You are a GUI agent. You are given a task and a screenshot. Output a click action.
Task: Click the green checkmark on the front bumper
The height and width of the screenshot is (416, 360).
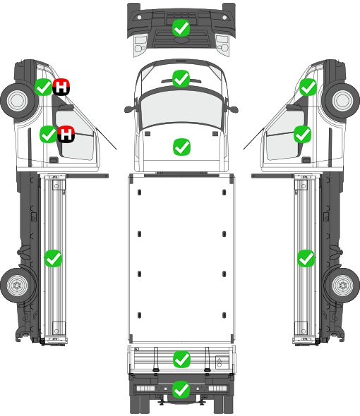(181, 27)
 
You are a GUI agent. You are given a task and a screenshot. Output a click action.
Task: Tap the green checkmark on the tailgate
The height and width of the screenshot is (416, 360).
(181, 360)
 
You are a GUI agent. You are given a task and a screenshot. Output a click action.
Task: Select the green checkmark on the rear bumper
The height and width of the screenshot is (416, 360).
(181, 389)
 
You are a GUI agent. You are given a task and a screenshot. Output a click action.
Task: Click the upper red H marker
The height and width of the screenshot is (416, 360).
(61, 87)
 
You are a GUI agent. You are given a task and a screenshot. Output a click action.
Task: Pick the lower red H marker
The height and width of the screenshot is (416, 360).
(66, 134)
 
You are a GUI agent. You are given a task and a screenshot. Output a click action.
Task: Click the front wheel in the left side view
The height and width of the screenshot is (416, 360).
(18, 101)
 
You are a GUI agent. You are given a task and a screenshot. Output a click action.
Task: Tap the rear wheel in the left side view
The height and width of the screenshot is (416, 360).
(17, 285)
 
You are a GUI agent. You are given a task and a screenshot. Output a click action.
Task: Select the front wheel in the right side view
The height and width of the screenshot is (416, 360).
(342, 101)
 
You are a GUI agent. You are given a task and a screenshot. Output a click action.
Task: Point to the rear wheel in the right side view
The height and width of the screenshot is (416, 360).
(342, 285)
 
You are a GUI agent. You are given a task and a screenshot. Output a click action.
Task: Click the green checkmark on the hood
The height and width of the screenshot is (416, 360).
(181, 147)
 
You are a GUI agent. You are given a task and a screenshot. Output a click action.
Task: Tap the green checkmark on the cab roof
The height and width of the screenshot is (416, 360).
(181, 78)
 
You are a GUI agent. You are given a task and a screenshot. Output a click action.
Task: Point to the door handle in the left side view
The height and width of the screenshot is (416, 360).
(54, 160)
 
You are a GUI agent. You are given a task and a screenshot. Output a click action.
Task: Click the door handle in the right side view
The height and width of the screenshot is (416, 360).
(306, 160)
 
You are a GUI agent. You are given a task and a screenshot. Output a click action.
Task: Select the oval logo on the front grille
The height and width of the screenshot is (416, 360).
(181, 39)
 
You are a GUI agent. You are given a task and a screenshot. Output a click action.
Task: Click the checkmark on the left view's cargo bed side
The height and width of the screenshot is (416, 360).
(53, 258)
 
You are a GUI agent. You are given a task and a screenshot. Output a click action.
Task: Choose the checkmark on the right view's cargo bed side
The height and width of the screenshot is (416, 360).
(306, 258)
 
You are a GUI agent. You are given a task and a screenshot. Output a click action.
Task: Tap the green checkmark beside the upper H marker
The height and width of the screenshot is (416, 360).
(44, 87)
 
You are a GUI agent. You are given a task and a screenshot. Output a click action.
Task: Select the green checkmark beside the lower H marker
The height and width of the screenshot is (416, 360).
(49, 134)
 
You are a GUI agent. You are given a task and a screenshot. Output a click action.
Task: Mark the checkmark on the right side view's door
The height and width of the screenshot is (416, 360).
(302, 134)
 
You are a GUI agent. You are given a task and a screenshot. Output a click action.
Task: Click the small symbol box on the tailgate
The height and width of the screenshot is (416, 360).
(222, 362)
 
